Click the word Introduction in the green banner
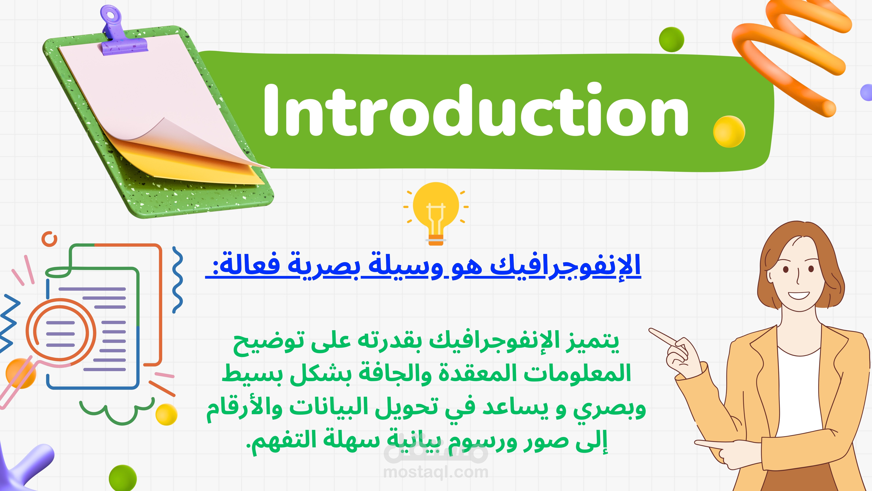pyautogui.click(x=476, y=110)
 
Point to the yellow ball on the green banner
pyautogui.click(x=729, y=132)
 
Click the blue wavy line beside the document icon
pyautogui.click(x=177, y=280)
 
